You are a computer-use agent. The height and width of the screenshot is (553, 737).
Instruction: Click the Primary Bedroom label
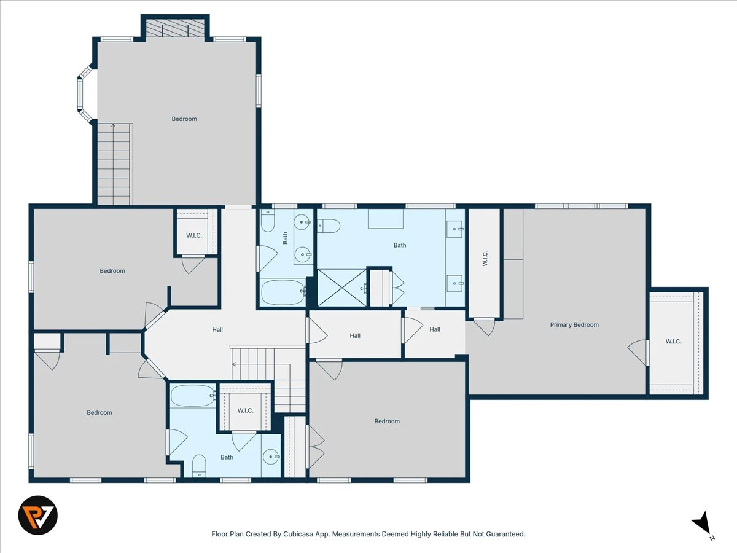(574, 324)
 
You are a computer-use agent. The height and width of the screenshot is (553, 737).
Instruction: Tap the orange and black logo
(38, 516)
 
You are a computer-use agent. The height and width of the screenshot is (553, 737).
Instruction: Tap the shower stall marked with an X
(342, 288)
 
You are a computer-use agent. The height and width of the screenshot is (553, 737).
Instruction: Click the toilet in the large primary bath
(329, 226)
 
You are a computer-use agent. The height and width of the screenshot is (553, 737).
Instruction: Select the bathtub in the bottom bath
(192, 396)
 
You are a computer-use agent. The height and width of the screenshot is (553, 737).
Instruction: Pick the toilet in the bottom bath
(199, 465)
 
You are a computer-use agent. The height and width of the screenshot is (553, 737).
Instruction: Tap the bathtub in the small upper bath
(283, 292)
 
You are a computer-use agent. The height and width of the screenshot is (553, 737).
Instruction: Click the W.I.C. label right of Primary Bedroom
(673, 342)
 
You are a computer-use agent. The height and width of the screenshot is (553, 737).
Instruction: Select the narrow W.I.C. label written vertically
(485, 258)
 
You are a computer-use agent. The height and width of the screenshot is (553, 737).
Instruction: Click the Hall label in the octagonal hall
(217, 330)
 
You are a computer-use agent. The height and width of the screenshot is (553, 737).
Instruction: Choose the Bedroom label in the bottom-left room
(99, 412)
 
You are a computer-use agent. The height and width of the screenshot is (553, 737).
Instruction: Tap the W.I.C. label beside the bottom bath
(246, 410)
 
